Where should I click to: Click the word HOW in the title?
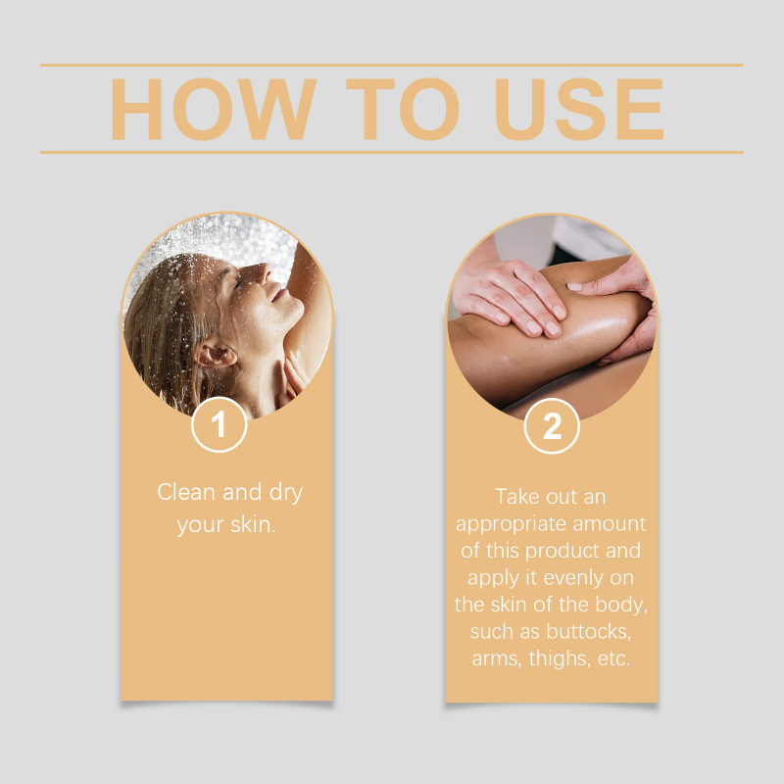click(x=214, y=109)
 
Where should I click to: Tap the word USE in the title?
click(x=579, y=109)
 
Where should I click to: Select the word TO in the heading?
click(x=403, y=109)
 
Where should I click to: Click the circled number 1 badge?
click(x=219, y=424)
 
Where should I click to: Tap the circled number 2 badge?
click(x=552, y=426)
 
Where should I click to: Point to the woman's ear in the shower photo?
click(x=214, y=353)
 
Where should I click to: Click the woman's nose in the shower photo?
click(x=261, y=272)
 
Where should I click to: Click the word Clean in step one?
click(x=186, y=492)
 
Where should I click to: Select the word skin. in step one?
click(x=253, y=524)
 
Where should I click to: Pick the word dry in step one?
click(x=286, y=494)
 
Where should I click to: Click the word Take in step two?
click(x=517, y=497)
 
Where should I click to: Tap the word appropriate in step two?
click(x=511, y=525)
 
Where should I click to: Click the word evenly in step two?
click(x=574, y=578)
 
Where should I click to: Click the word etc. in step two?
click(x=614, y=659)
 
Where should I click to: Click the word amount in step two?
click(x=609, y=524)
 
